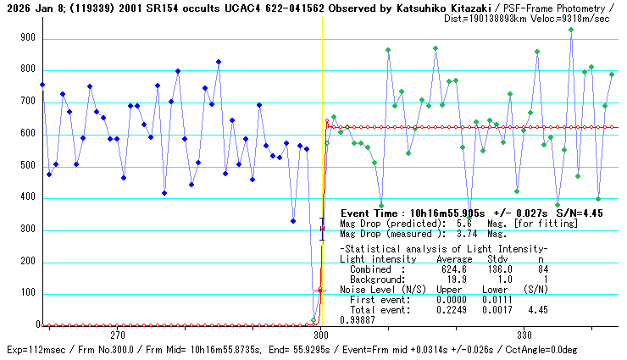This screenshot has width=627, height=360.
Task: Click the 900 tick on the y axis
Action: point(29,38)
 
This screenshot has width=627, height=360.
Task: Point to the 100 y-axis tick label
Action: point(29,293)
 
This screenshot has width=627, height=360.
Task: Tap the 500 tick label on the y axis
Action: point(29,166)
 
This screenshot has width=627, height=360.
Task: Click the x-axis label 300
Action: point(322,335)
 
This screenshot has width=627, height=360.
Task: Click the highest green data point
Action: point(571,30)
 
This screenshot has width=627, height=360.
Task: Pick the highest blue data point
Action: point(219,62)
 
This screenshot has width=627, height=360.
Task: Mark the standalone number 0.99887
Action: point(358,319)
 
